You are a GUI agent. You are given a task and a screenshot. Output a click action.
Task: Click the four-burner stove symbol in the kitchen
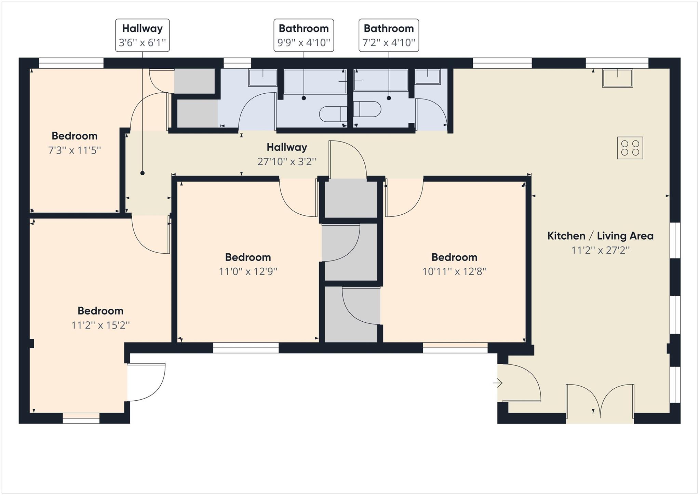click(630, 148)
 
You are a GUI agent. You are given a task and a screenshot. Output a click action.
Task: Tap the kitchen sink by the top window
click(617, 78)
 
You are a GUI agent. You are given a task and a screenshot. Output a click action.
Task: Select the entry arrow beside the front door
click(498, 383)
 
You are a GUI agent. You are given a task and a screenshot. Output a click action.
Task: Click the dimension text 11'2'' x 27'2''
click(600, 250)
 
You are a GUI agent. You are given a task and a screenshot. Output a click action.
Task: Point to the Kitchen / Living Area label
click(600, 236)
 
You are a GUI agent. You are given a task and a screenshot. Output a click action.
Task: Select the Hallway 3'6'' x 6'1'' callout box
click(142, 35)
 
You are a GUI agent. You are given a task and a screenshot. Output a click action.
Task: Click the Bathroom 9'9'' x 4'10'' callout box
click(304, 35)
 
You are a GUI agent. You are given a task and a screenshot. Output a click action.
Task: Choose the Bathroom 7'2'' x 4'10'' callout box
click(389, 35)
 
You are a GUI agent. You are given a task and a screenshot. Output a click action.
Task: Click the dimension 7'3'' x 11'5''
click(75, 150)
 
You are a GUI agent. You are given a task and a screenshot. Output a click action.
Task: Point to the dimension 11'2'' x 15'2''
click(100, 325)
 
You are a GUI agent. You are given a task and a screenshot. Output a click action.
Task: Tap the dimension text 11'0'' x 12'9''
click(248, 271)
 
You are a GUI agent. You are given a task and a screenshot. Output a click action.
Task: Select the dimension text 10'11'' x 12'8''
click(454, 271)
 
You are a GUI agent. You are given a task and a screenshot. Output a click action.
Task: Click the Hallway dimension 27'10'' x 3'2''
click(286, 161)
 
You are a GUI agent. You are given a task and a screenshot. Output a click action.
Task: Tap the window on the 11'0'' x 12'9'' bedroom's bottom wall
click(246, 348)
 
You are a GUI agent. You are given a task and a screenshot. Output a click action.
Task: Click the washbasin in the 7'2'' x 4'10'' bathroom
click(427, 77)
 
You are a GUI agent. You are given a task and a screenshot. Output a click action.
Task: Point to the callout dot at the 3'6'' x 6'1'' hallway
click(142, 173)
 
